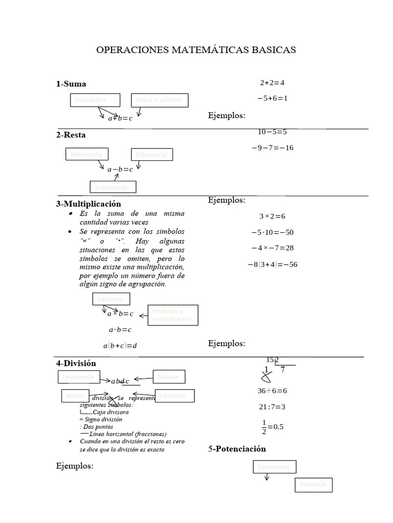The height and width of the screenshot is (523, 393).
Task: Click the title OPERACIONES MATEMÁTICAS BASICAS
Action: (196, 50)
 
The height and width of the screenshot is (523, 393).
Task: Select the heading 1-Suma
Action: (71, 84)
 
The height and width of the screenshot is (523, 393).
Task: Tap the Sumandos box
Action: (95, 100)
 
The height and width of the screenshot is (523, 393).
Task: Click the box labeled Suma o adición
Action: (159, 100)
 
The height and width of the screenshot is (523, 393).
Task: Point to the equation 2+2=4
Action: (272, 82)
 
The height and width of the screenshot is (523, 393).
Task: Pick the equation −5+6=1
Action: (272, 98)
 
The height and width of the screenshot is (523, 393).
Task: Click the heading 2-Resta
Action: (71, 135)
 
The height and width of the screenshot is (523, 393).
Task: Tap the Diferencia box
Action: (151, 154)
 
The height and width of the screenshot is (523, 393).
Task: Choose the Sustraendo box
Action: (113, 187)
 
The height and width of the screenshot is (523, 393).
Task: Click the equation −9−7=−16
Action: (272, 148)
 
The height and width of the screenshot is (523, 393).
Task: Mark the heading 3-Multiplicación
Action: (89, 204)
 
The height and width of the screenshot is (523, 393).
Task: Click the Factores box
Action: (111, 299)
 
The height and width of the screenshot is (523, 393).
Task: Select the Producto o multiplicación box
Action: (172, 315)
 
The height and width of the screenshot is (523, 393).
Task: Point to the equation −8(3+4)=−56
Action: (272, 265)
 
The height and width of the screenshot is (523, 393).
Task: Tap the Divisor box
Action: (169, 377)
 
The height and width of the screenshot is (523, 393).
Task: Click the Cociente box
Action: (176, 395)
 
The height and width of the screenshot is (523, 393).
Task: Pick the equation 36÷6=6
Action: (272, 391)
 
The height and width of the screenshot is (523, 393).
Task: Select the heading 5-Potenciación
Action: (237, 449)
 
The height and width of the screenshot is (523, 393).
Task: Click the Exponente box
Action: (274, 467)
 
